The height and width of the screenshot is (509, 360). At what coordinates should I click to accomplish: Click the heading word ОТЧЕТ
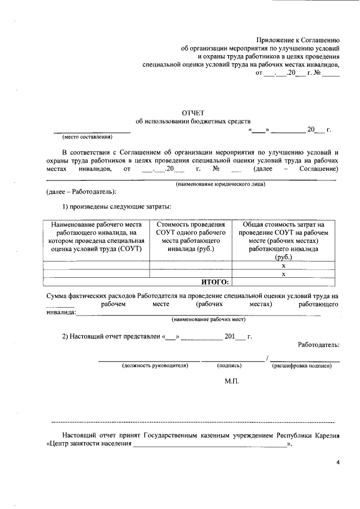coord(193,112)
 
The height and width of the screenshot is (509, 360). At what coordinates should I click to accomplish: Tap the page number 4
coord(338,462)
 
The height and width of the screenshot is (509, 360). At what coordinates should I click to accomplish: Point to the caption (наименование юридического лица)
coord(220,184)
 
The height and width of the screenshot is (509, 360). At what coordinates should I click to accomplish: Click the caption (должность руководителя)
coord(155,366)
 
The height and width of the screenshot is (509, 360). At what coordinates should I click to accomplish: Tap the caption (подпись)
coord(229,366)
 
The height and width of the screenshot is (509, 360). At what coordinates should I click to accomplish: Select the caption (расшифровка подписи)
coord(302,366)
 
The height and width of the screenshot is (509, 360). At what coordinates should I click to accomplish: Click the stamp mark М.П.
coord(232,381)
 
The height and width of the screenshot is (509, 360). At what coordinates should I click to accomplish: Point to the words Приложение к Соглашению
coord(298,40)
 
